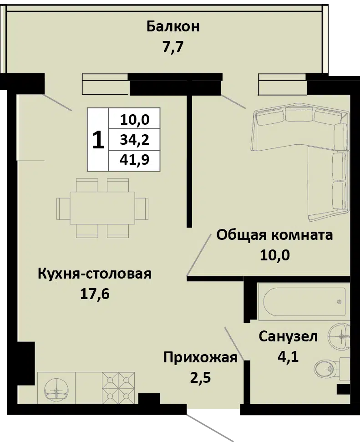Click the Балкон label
[x=173, y=27]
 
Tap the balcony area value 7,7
[x=173, y=47]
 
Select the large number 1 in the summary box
[x=98, y=140]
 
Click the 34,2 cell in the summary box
[x=134, y=140]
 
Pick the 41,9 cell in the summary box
[x=134, y=160]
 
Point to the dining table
[x=102, y=208]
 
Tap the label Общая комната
[x=274, y=235]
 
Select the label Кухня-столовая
[x=95, y=274]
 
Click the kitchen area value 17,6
[x=95, y=295]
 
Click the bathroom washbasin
[x=339, y=336]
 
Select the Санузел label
[x=288, y=337]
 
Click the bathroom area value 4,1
[x=288, y=357]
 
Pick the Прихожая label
[x=200, y=358]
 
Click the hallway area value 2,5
[x=200, y=378]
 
